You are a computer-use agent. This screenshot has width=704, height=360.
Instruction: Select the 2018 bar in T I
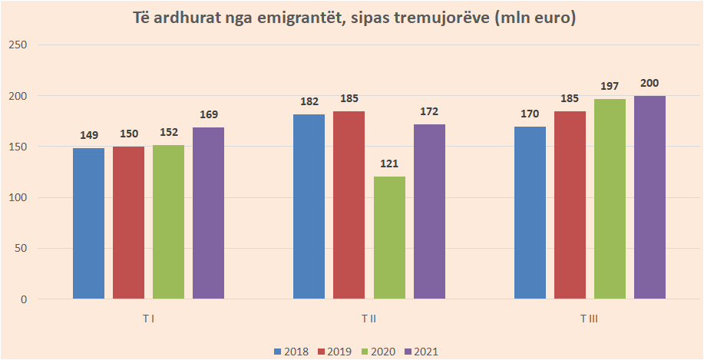(x=88, y=223)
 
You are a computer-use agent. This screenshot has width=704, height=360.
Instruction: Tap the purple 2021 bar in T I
(x=208, y=213)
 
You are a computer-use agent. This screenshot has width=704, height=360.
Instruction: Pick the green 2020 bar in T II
(x=389, y=237)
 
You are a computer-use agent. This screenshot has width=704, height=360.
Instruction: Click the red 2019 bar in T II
(x=349, y=205)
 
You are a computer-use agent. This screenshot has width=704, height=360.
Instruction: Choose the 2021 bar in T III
(x=649, y=197)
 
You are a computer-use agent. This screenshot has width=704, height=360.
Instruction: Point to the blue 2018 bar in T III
(x=530, y=213)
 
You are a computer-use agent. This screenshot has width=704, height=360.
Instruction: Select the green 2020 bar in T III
(x=610, y=199)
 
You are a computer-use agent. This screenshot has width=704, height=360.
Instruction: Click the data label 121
(x=389, y=163)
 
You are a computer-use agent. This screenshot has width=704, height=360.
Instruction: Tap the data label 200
(x=649, y=83)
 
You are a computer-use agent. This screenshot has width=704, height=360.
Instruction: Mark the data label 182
(x=309, y=101)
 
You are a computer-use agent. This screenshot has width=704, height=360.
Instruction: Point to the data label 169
(x=208, y=114)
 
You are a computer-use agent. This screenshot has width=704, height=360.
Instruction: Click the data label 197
(x=610, y=86)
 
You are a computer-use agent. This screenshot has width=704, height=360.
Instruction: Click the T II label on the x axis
(x=369, y=318)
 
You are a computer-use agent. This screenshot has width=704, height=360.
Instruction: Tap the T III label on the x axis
(x=590, y=318)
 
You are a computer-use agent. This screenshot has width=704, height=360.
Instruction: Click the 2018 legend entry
(x=291, y=352)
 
